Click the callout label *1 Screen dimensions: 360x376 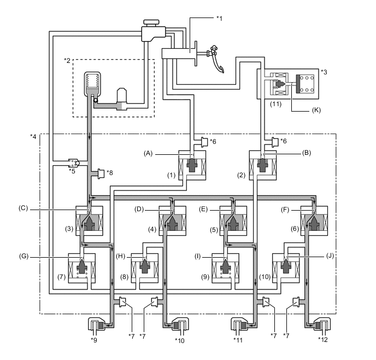tap(220, 18)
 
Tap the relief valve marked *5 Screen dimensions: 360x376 tap(73, 163)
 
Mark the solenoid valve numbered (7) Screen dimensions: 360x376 tap(81, 268)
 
